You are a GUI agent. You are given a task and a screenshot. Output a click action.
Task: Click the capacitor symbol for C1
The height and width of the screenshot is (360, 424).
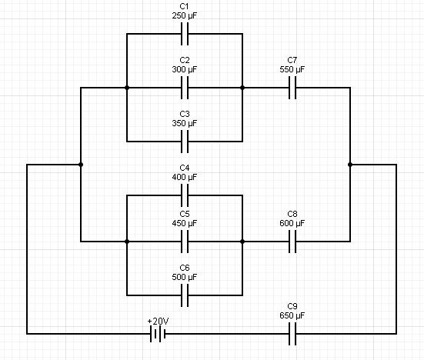185,34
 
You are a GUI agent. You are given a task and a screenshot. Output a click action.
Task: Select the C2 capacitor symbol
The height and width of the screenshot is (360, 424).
185,88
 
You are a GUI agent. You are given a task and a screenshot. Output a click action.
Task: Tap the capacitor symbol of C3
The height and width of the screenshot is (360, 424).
185,142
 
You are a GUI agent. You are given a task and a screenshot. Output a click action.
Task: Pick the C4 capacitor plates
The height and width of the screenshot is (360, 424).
185,195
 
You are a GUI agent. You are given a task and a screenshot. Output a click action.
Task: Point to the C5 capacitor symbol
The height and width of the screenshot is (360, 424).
185,242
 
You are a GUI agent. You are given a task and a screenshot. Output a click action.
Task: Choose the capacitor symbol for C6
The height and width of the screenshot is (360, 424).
185,295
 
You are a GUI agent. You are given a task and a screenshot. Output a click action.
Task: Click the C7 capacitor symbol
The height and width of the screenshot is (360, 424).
292,88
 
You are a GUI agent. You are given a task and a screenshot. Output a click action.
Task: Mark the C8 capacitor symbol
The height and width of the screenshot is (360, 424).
292,242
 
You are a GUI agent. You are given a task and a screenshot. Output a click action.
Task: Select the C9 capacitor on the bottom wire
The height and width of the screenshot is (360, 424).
292,334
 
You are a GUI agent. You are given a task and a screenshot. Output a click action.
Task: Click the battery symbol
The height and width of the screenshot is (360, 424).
157,334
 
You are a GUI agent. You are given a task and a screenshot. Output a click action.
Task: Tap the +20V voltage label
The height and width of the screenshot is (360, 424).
157,320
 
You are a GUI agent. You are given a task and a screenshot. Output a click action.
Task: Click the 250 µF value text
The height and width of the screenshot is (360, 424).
185,15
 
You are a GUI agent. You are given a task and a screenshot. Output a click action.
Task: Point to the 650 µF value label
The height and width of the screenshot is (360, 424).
292,315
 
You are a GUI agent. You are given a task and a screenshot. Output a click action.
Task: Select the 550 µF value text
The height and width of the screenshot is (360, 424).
292,69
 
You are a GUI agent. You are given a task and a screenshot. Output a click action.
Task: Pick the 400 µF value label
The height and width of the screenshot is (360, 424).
185,177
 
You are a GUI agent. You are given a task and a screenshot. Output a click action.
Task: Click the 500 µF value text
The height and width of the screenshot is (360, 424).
185,277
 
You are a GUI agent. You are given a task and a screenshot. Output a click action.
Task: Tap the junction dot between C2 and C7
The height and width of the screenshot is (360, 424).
242,88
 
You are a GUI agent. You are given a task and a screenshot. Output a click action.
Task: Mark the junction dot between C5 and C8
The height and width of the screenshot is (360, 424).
242,242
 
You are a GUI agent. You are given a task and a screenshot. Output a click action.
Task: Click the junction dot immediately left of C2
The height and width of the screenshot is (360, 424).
127,88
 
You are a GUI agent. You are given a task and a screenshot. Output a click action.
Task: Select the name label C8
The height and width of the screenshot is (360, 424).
292,213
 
